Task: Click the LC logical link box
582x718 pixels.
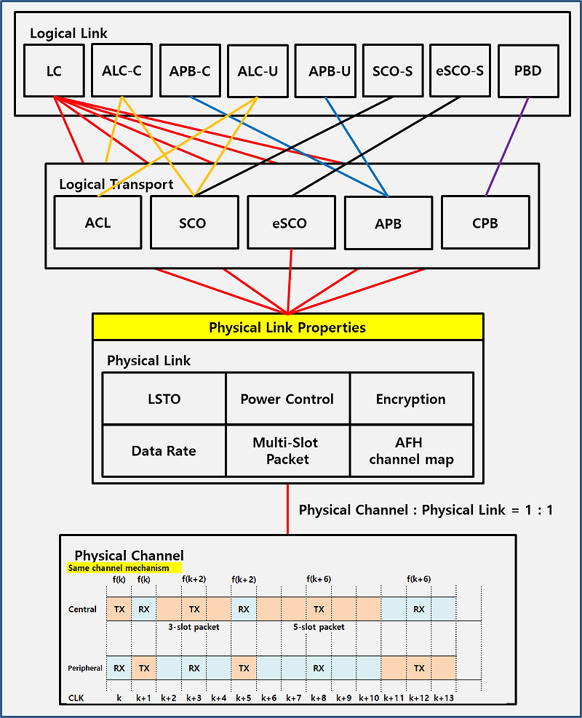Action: [x=53, y=71]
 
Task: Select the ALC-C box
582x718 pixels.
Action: [x=121, y=71]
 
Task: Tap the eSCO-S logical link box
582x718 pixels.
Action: [x=460, y=71]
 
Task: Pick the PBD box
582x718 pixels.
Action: [x=527, y=71]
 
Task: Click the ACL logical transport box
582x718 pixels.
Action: [x=97, y=222]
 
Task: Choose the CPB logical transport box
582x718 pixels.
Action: [x=485, y=222]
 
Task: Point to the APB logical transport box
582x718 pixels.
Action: [x=388, y=222]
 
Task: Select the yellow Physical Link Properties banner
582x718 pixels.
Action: [x=287, y=327]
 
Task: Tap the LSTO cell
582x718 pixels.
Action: [x=164, y=399]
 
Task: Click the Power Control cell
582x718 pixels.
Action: [x=287, y=399]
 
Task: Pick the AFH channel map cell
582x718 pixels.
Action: [x=411, y=450]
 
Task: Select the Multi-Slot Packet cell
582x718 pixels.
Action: [x=287, y=450]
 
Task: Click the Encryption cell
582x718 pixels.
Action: [x=411, y=399]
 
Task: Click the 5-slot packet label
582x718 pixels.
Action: [x=319, y=626]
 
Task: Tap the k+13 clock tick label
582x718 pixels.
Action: [x=444, y=698]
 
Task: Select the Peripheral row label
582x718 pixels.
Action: [x=85, y=668]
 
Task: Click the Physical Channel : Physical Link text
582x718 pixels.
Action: [x=426, y=510]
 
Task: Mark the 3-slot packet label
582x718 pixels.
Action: [x=194, y=626]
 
